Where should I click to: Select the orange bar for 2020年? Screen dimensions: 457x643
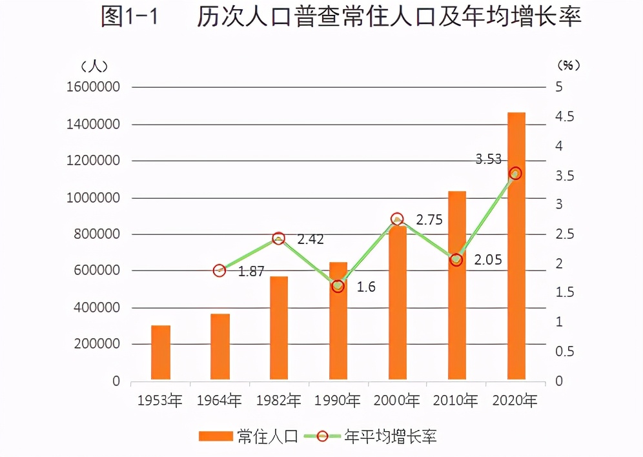(x=516, y=246)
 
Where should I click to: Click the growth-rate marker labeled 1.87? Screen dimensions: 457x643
(x=219, y=270)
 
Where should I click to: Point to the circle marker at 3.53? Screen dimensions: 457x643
(x=515, y=173)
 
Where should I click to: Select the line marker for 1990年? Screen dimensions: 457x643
(x=338, y=286)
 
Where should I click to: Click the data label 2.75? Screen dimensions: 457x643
(x=429, y=220)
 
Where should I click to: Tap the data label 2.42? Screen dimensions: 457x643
(x=311, y=239)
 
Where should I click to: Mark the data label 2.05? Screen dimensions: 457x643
(x=488, y=260)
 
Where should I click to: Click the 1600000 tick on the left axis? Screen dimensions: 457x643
(x=93, y=87)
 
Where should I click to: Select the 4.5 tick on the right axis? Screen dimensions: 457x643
(x=564, y=117)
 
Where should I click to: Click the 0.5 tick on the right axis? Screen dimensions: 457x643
(x=564, y=352)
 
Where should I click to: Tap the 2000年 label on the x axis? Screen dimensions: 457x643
(x=397, y=401)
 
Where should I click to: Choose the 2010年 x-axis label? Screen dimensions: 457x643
(x=456, y=401)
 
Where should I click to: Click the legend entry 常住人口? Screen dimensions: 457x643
(x=249, y=436)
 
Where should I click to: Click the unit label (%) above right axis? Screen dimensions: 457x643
(x=568, y=65)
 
